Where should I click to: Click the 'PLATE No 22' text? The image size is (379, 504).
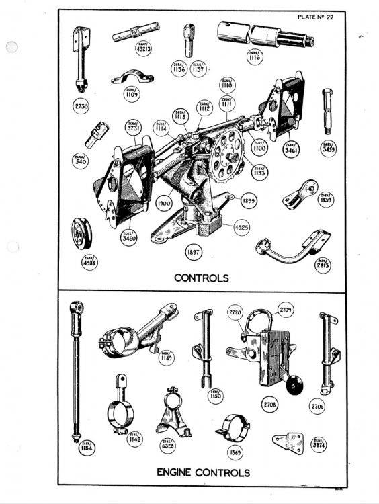coord(332,17)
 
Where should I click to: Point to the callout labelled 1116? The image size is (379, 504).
coord(255,56)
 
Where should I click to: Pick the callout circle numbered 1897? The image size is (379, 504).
coord(195,252)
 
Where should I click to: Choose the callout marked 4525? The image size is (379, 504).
coord(241,228)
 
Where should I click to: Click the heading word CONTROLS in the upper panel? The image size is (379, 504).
coord(202,277)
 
